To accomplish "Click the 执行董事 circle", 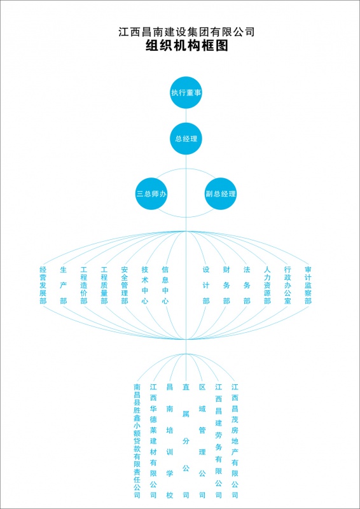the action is pyautogui.click(x=186, y=92).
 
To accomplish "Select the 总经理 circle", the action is pyautogui.click(x=186, y=139).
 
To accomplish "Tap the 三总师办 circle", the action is pyautogui.click(x=151, y=194).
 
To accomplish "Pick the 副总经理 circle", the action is pyautogui.click(x=221, y=194).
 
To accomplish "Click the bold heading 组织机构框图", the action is pyautogui.click(x=186, y=45).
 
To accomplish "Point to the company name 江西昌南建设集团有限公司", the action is pyautogui.click(x=186, y=32).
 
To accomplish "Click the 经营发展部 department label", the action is pyautogui.click(x=43, y=285).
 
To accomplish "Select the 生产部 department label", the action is pyautogui.click(x=64, y=285).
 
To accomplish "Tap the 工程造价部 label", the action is pyautogui.click(x=84, y=285).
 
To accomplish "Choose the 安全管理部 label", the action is pyautogui.click(x=124, y=285).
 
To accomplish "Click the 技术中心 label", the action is pyautogui.click(x=145, y=285).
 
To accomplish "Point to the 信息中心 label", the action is pyautogui.click(x=165, y=285).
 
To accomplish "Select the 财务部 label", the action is pyautogui.click(x=226, y=285).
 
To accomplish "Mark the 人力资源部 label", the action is pyautogui.click(x=267, y=285).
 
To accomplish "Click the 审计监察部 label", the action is pyautogui.click(x=308, y=285).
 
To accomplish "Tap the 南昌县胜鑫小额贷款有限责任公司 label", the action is pyautogui.click(x=137, y=441).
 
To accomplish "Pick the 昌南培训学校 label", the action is pyautogui.click(x=170, y=441).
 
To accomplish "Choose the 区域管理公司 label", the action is pyautogui.click(x=202, y=441).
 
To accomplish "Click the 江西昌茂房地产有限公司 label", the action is pyautogui.click(x=235, y=441).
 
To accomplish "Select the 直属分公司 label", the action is pyautogui.click(x=186, y=441).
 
